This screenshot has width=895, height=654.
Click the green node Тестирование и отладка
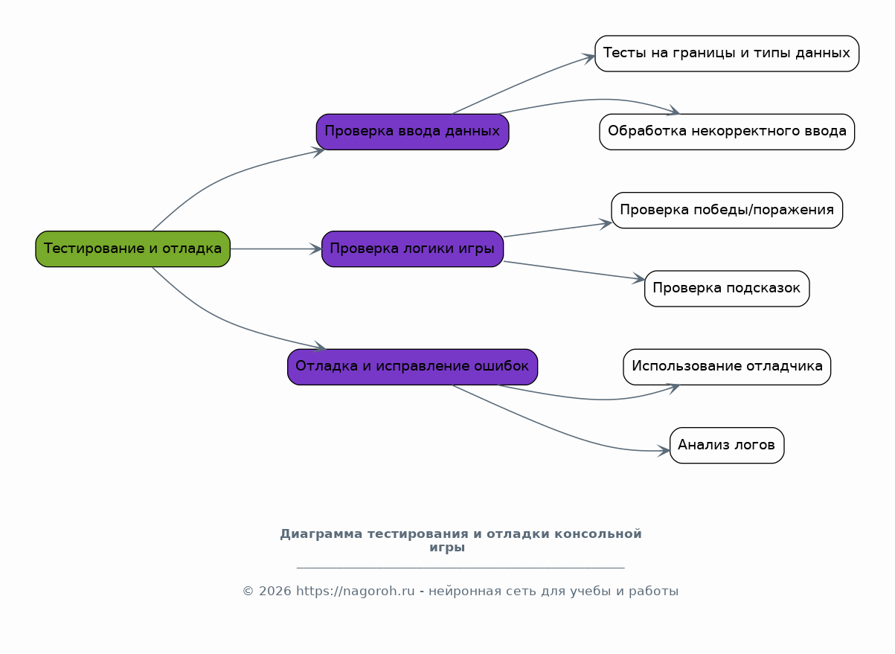click(x=132, y=249)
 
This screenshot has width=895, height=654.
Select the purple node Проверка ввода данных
click(x=412, y=132)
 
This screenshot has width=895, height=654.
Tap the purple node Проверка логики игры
click(x=412, y=249)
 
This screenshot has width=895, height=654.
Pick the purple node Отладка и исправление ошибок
click(x=412, y=367)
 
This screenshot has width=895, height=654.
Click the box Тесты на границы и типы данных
click(x=727, y=54)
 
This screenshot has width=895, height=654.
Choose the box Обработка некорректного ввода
click(x=727, y=132)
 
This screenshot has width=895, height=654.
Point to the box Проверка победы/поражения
click(x=727, y=210)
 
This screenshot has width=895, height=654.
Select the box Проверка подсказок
click(x=727, y=289)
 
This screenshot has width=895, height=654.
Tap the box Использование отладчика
click(x=727, y=367)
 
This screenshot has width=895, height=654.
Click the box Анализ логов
click(x=727, y=445)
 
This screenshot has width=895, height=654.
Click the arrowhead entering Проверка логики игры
click(x=316, y=249)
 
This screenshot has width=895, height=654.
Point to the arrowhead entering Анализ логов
click(x=664, y=451)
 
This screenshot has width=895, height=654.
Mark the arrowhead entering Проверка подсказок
click(x=639, y=278)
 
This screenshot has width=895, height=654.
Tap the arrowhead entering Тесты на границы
click(x=589, y=58)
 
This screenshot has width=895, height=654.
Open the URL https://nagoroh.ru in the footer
click(x=355, y=591)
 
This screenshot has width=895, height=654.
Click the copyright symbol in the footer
click(x=248, y=591)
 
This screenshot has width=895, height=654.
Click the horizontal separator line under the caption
click(x=461, y=567)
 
